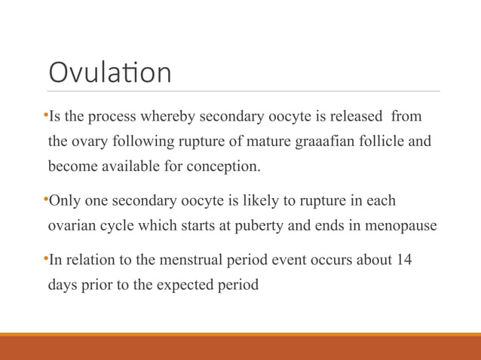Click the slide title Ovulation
point(110,73)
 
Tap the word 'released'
point(355,117)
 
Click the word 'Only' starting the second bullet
point(64,201)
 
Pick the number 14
point(403,261)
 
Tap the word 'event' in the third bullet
point(283,261)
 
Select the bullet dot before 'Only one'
point(45,200)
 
